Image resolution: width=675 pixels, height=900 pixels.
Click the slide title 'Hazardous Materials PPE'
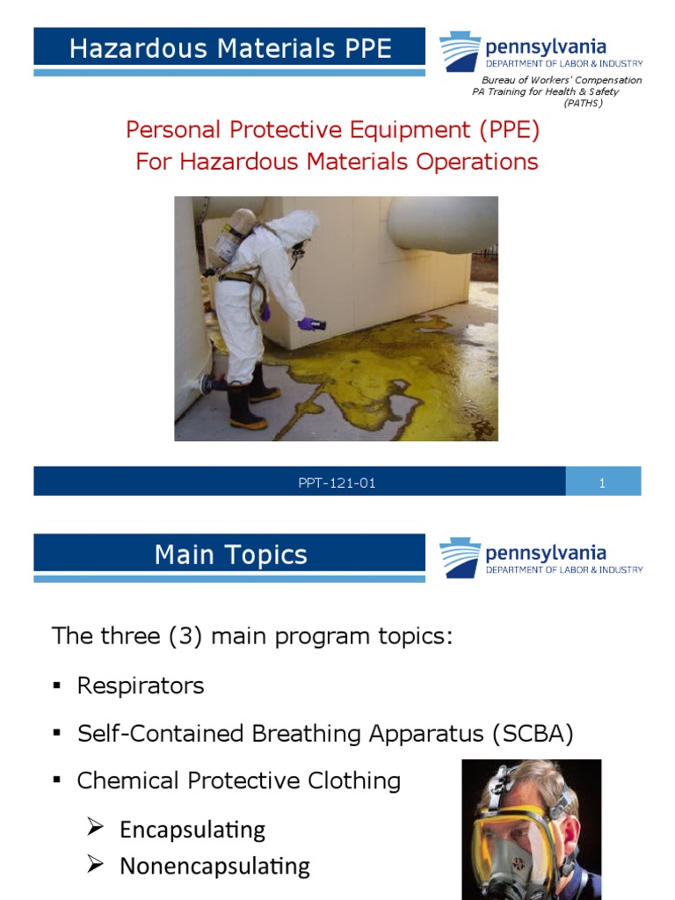(x=229, y=47)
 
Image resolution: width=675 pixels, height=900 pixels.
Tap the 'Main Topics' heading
(x=230, y=555)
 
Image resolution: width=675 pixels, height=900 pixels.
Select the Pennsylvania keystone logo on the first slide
(x=461, y=51)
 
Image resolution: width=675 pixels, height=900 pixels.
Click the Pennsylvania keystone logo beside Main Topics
(x=461, y=558)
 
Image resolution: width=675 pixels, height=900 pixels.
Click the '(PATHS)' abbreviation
(x=583, y=103)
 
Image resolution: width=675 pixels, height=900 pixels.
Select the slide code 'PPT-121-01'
(x=337, y=483)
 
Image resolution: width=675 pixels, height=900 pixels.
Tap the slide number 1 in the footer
(x=603, y=483)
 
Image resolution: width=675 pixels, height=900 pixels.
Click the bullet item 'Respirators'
(x=141, y=686)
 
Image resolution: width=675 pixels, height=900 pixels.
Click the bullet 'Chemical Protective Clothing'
(x=238, y=780)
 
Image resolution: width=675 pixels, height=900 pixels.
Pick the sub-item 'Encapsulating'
(x=192, y=829)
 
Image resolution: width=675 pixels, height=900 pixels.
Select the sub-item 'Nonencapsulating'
(x=214, y=866)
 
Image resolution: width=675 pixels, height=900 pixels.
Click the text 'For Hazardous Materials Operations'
(x=337, y=162)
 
